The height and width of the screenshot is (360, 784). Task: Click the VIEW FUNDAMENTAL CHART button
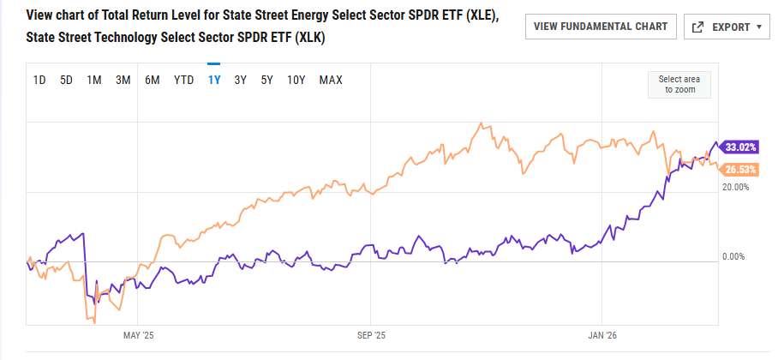coord(601,27)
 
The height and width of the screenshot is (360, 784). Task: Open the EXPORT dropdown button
coord(728,27)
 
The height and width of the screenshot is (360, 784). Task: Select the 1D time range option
coord(39,81)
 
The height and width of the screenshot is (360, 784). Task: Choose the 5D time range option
coord(66,81)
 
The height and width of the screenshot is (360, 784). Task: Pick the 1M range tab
coord(94,81)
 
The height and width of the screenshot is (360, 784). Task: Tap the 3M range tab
coord(123,81)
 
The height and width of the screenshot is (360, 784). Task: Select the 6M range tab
coord(153,81)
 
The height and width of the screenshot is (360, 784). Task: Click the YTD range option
coord(183,81)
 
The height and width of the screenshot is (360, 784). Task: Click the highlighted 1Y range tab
coord(214,81)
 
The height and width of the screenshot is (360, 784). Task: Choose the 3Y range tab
coord(241,81)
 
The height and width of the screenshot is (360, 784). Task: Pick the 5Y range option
coord(267,81)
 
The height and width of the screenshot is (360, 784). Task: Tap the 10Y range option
coord(296,81)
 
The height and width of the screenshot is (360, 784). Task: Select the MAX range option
coord(331,81)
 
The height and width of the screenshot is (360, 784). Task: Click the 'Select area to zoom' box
coord(679,84)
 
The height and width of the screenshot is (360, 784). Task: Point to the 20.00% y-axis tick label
coord(737,186)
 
